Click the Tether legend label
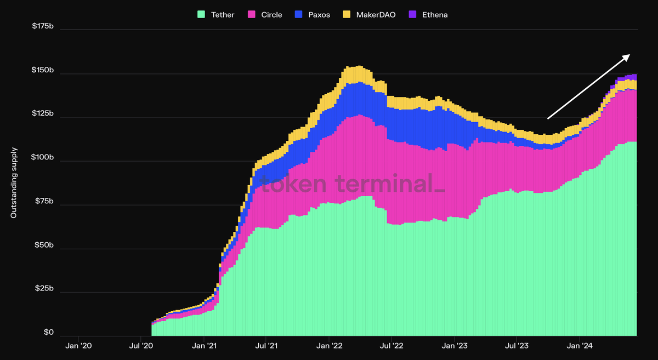pos(222,15)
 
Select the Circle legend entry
pos(272,15)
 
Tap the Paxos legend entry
pos(319,15)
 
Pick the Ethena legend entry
pos(435,15)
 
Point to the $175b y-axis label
pos(42,26)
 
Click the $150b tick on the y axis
pos(42,70)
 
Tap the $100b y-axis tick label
pos(42,158)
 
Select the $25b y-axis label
pos(43,289)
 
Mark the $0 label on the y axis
pos(48,333)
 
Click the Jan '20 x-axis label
pos(78,346)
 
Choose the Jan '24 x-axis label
pos(580,346)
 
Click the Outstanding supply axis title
pos(14,182)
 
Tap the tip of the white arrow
pos(629,55)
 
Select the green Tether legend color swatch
pos(201,15)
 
